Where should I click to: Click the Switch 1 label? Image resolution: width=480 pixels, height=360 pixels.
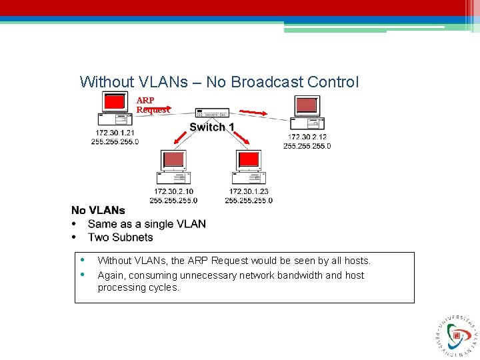tap(211, 127)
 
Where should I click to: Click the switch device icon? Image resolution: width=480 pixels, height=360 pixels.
tap(212, 113)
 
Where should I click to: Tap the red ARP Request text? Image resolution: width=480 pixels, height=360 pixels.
tap(153, 105)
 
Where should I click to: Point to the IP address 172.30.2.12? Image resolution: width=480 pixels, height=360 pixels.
tap(307, 137)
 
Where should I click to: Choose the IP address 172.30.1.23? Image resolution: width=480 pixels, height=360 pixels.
tap(249, 191)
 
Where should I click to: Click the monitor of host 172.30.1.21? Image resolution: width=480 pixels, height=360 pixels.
tap(115, 102)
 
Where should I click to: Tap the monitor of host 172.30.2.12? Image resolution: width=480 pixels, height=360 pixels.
tap(307, 105)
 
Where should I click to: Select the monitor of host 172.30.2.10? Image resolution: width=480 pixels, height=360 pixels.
tap(173, 160)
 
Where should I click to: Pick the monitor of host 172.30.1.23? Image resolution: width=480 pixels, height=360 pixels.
tap(249, 160)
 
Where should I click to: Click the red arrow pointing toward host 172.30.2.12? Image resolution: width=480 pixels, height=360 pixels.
tap(253, 111)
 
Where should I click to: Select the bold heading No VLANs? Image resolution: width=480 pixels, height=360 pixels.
tap(98, 211)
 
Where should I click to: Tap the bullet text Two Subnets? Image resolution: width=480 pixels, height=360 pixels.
tap(120, 237)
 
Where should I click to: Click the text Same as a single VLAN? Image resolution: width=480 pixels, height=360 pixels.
tap(147, 224)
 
